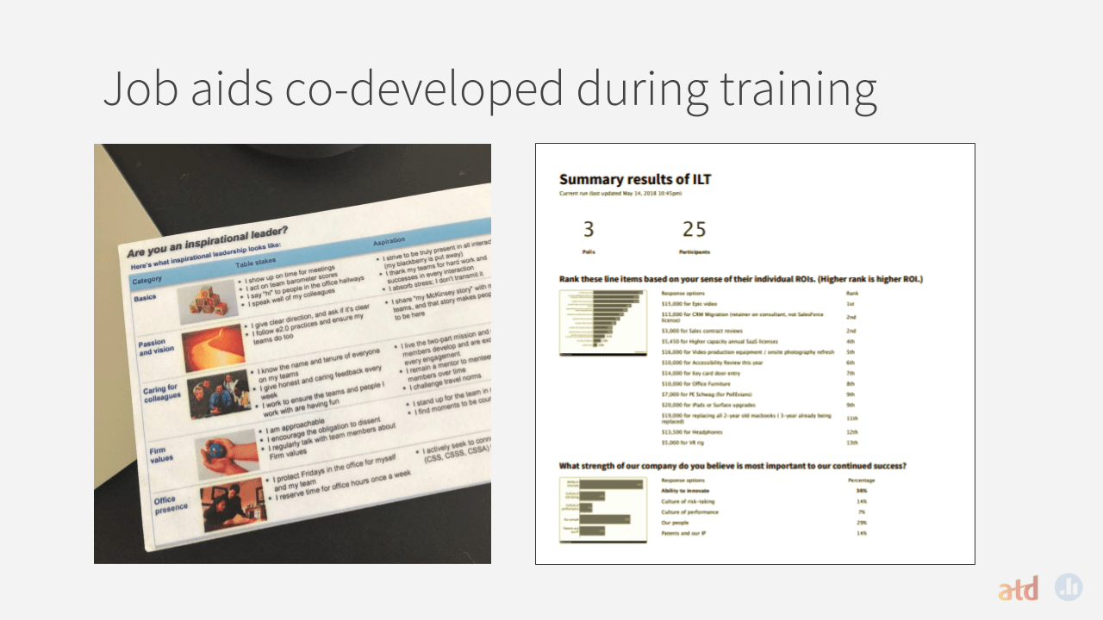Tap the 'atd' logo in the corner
[x=1018, y=590]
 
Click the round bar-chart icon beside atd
[x=1069, y=586]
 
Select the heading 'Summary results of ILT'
[x=635, y=180]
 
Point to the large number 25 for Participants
[x=694, y=230]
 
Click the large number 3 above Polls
[x=589, y=230]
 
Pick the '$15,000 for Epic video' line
[x=690, y=304]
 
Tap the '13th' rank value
[x=851, y=443]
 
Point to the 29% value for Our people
[x=861, y=523]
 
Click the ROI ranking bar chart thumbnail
[x=603, y=324]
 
